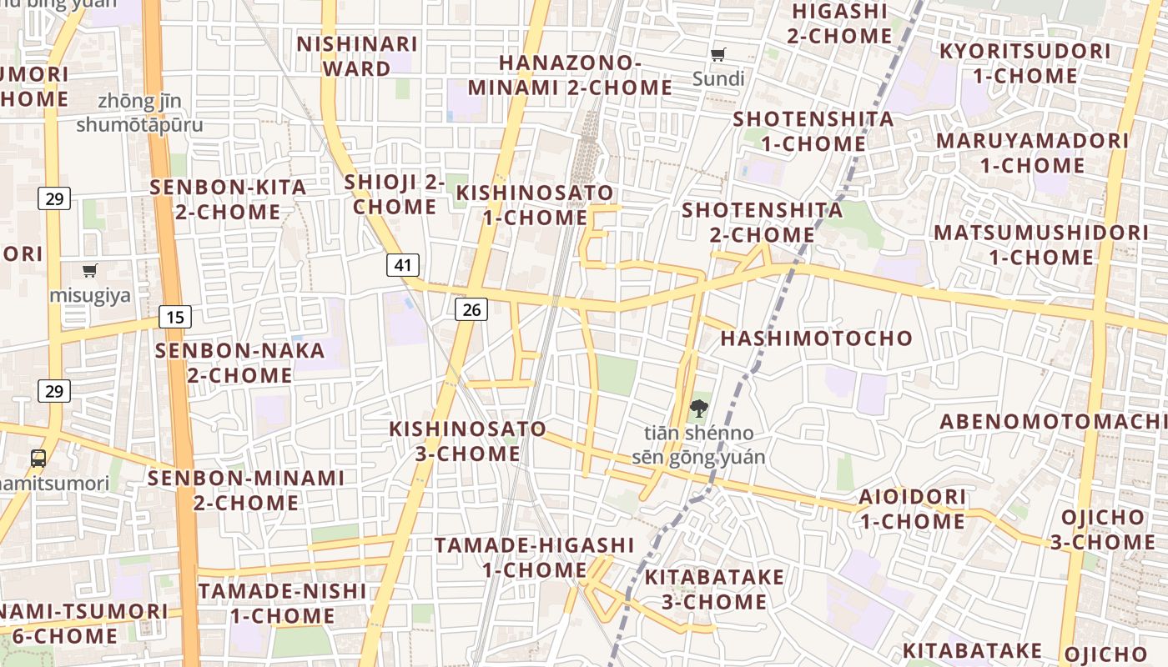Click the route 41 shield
click(x=403, y=265)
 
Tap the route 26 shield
click(x=471, y=309)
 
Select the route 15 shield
click(x=174, y=317)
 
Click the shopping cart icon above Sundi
click(x=717, y=55)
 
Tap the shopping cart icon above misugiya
click(x=89, y=270)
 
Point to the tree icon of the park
click(x=698, y=409)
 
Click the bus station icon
click(x=38, y=458)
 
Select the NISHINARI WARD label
click(x=357, y=56)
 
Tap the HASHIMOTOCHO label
click(x=817, y=339)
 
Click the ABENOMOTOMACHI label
click(x=1053, y=421)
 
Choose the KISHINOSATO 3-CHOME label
click(x=468, y=441)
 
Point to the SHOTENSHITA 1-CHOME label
click(x=813, y=131)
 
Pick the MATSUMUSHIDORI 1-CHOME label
click(x=1040, y=244)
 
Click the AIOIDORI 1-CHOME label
click(x=912, y=509)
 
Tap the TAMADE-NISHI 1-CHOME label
click(x=282, y=604)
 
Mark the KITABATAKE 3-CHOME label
click(x=714, y=589)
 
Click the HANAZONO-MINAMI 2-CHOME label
click(x=570, y=75)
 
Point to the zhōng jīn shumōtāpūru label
click(x=139, y=113)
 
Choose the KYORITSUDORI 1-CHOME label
click(x=1025, y=63)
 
